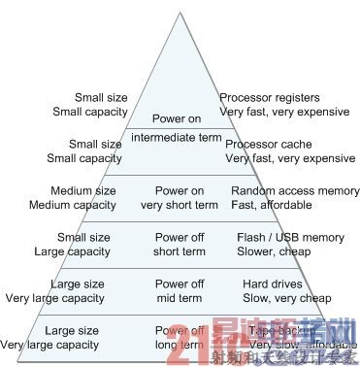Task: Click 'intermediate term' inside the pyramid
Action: [x=178, y=135]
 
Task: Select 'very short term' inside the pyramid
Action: [x=178, y=205]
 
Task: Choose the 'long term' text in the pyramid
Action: [x=178, y=343]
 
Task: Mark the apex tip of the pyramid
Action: [x=178, y=13]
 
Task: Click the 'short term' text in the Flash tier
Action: [x=178, y=250]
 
